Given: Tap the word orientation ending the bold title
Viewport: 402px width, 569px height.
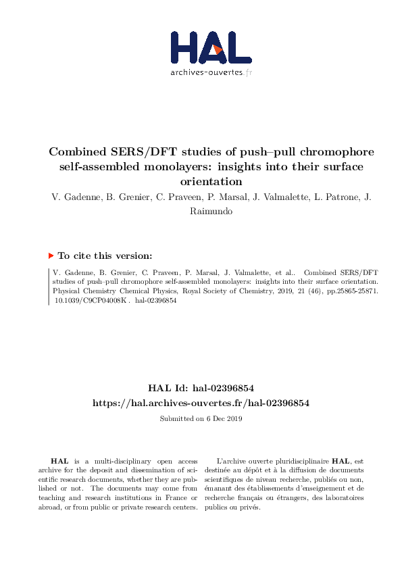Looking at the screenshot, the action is pos(201,181).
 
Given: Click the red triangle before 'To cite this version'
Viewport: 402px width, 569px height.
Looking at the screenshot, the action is pos(51,255).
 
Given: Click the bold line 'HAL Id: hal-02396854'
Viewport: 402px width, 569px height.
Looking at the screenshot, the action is pos(201,388).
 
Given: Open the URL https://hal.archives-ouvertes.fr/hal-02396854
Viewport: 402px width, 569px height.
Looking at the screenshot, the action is pos(201,403).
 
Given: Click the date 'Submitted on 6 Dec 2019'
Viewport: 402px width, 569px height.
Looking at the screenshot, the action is pos(201,418).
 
